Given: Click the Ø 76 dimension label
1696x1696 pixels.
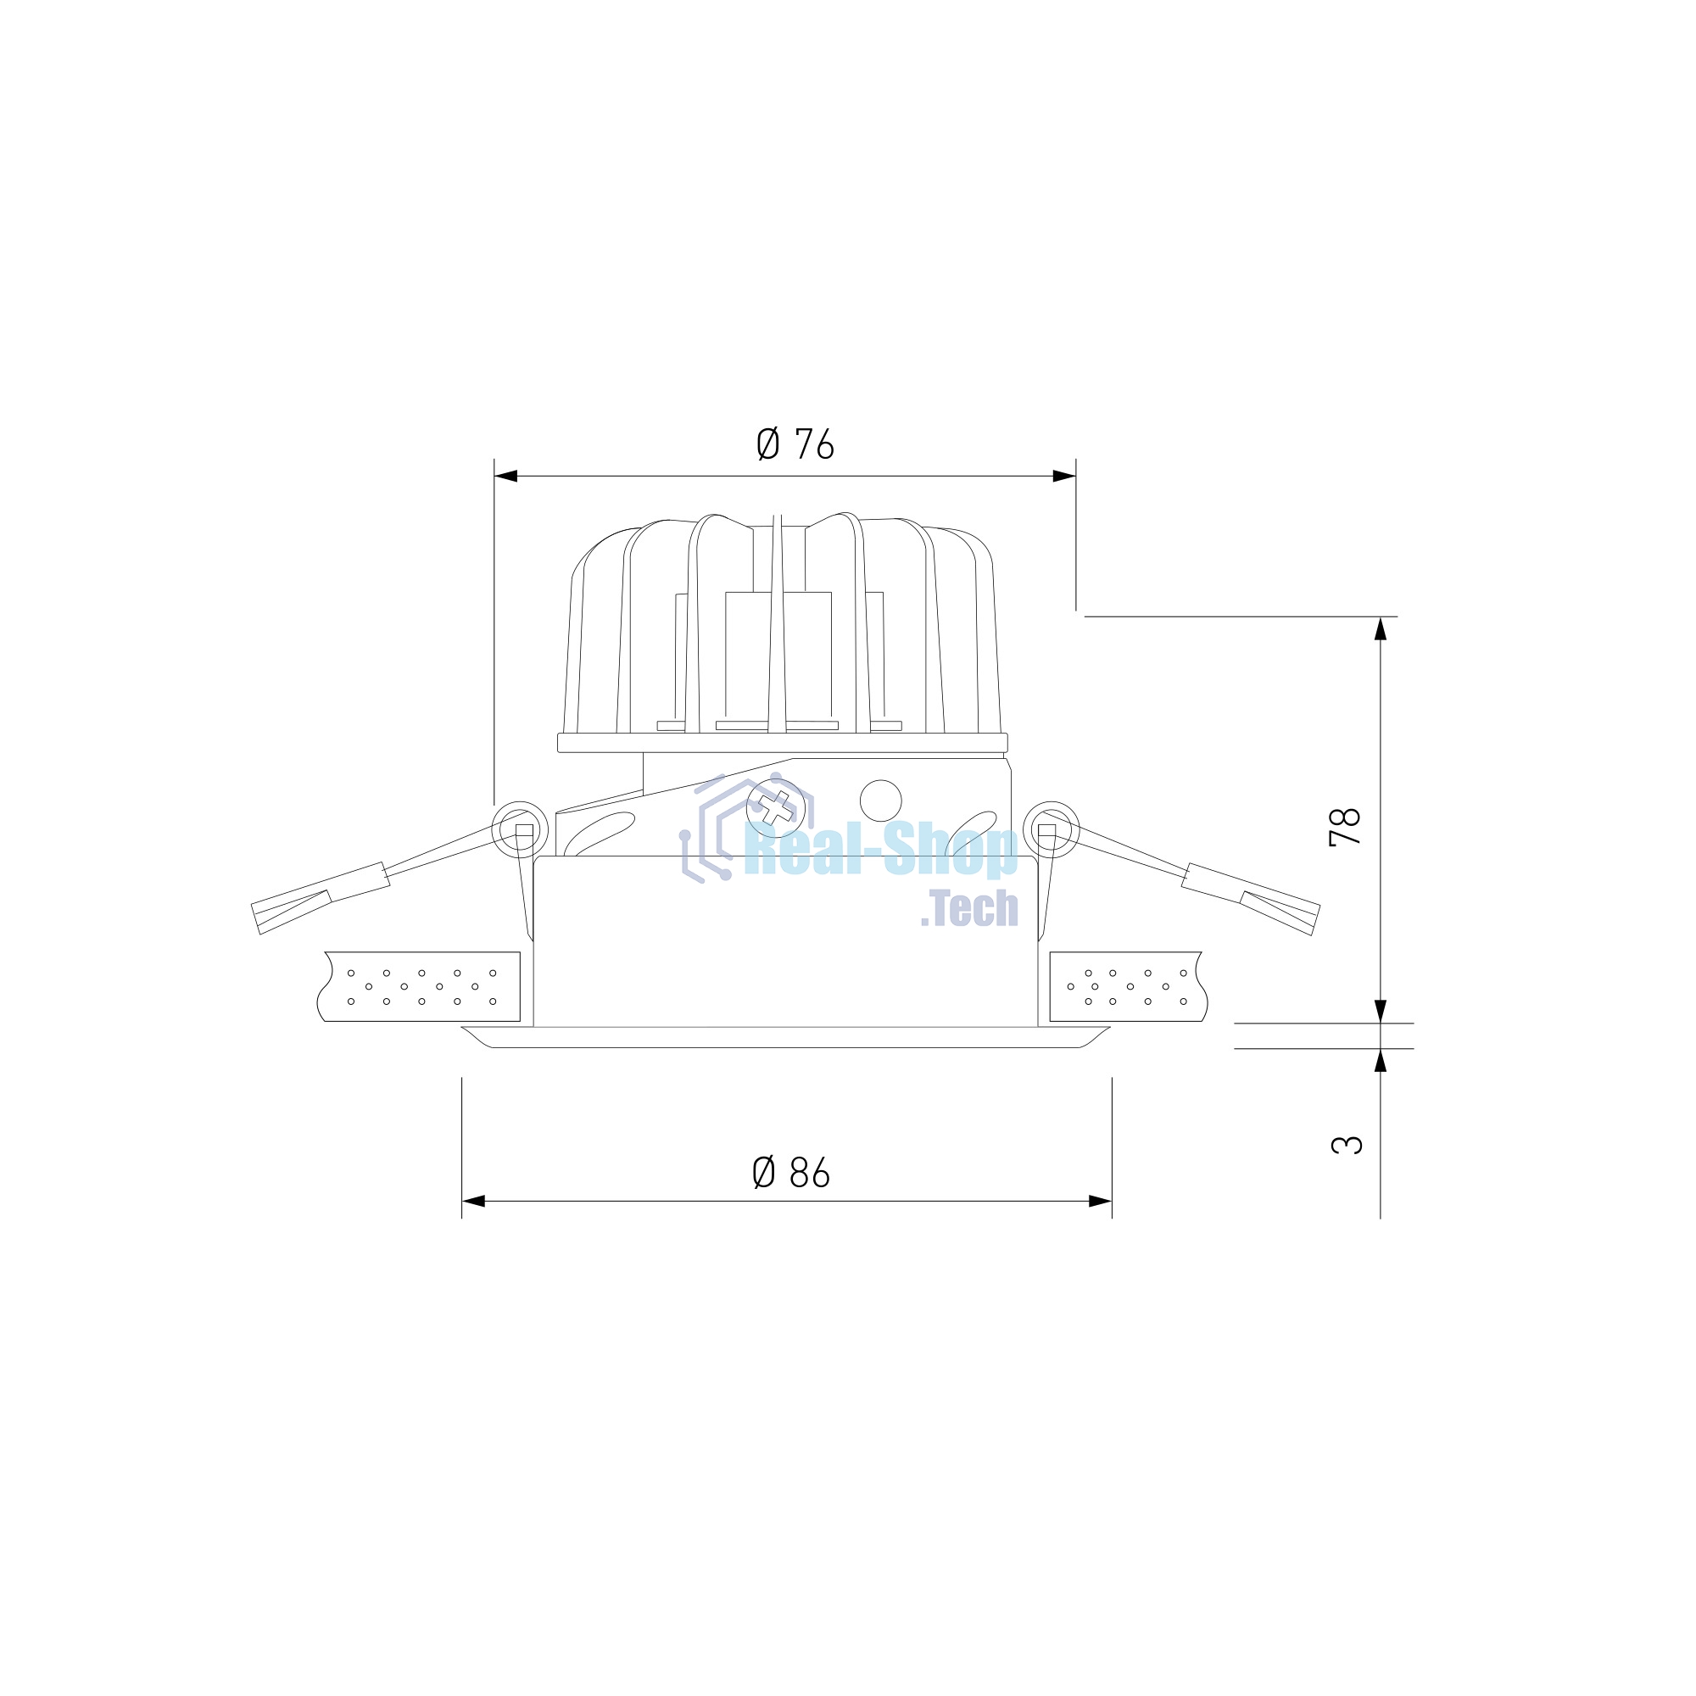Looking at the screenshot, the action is (x=795, y=445).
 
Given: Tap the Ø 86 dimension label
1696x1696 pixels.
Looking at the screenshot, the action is (x=791, y=1172).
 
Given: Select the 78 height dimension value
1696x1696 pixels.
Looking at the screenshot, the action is (x=1345, y=826).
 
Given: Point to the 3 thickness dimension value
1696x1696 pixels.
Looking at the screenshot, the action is (x=1347, y=1145).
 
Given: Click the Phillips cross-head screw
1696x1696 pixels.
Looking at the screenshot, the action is (x=776, y=807).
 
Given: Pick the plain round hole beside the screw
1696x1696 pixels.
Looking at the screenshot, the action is (x=880, y=801).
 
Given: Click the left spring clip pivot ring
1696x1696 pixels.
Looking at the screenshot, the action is (x=521, y=829).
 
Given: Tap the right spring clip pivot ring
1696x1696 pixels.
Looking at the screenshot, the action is (x=1051, y=829).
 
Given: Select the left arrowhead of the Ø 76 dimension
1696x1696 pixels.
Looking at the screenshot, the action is (x=505, y=476).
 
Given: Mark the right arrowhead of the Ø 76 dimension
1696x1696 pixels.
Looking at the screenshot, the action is (x=1065, y=476).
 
